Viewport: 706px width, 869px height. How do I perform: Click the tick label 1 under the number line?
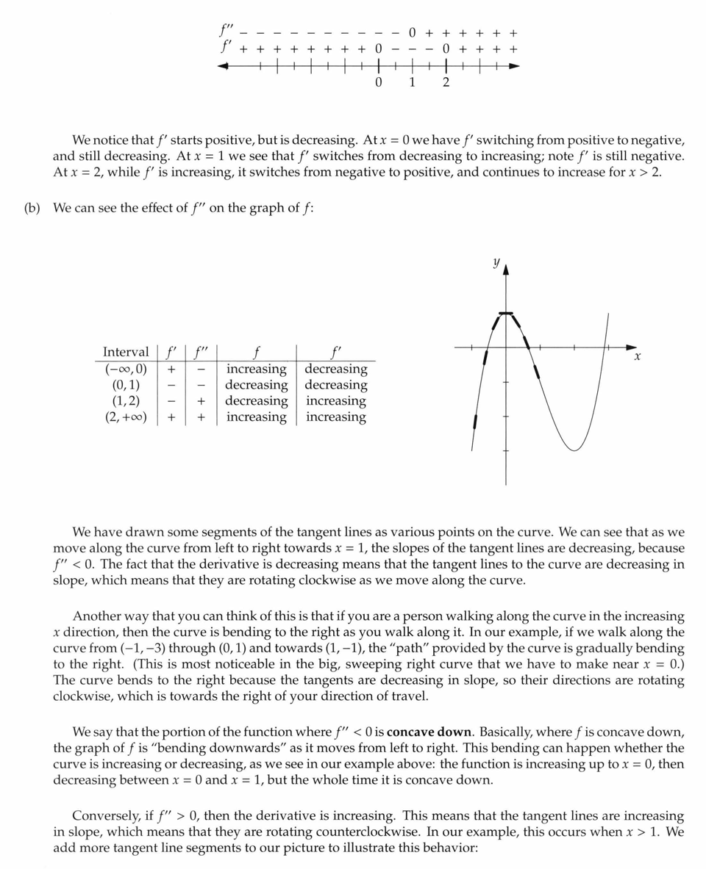[x=412, y=82]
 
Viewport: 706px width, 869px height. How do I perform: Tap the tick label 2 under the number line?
[x=446, y=82]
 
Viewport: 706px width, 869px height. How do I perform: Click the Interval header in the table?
[x=125, y=352]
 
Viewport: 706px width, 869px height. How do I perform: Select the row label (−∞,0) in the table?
[x=125, y=369]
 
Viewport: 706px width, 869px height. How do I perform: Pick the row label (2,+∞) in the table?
[x=125, y=417]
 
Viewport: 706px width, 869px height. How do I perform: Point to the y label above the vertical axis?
[x=496, y=262]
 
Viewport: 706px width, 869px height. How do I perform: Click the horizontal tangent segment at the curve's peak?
[x=505, y=314]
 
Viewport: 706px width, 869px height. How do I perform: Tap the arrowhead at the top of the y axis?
[x=505, y=270]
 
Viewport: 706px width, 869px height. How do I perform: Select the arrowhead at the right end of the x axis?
[x=632, y=346]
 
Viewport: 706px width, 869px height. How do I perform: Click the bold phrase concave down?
[x=429, y=732]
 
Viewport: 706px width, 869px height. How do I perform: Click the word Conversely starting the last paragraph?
[x=106, y=816]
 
